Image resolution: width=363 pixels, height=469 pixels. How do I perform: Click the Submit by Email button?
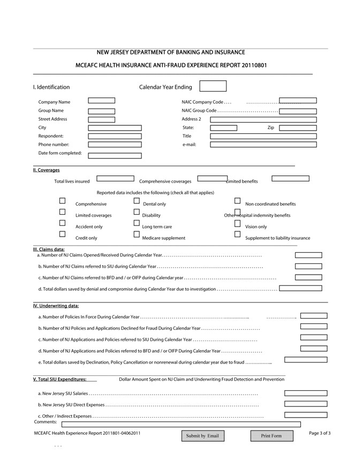pos(202,436)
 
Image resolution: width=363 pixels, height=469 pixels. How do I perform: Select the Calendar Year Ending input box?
pos(213,86)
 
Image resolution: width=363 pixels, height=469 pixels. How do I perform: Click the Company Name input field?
pos(101,101)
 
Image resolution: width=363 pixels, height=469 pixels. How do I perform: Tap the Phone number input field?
pos(115,145)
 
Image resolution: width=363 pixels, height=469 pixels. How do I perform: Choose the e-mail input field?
pos(263,145)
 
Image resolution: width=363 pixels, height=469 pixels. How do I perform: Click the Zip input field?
pos(298,128)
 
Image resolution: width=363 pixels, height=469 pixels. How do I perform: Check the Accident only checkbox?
pos(63,223)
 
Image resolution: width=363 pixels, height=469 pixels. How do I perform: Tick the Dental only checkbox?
pos(137,201)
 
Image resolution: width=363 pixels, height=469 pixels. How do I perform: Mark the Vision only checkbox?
pos(237,223)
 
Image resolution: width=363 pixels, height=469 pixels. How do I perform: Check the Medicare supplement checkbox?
pos(137,234)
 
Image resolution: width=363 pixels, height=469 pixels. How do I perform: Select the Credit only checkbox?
pos(63,234)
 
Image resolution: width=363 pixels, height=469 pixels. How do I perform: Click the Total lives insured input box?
pos(115,178)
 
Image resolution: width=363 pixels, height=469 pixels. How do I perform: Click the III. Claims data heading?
pos(49,249)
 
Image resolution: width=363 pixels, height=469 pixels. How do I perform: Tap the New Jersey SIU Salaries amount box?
pos(305,393)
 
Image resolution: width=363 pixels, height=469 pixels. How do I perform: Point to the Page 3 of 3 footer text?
pos(320,433)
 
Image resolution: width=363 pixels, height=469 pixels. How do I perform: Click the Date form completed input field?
pos(115,156)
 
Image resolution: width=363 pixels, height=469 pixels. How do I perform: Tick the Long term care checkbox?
pos(137,223)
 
